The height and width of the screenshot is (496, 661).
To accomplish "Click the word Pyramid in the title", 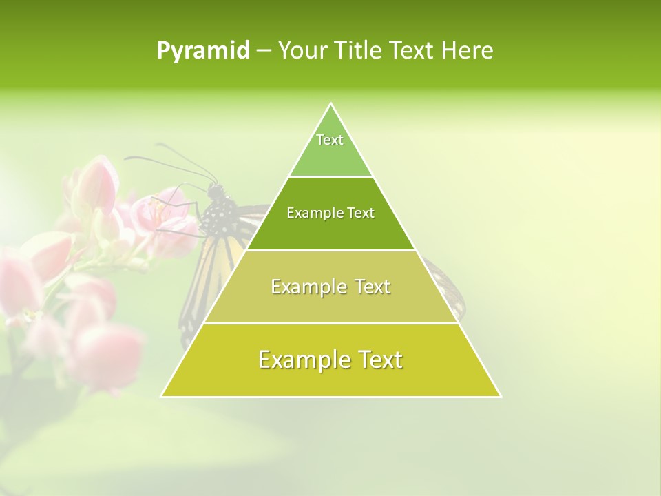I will [x=203, y=51].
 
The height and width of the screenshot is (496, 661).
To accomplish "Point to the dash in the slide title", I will [x=263, y=51].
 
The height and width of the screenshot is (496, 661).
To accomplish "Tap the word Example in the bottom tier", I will [x=304, y=360].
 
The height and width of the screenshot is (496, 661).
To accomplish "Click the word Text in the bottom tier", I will [x=379, y=360].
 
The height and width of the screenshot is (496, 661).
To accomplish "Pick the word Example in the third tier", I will [x=308, y=287].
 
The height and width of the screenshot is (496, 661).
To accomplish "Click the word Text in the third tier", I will [x=372, y=287].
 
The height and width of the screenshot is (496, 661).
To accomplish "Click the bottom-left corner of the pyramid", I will [x=162, y=396].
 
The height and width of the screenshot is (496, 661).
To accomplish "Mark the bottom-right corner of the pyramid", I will [x=500, y=396].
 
